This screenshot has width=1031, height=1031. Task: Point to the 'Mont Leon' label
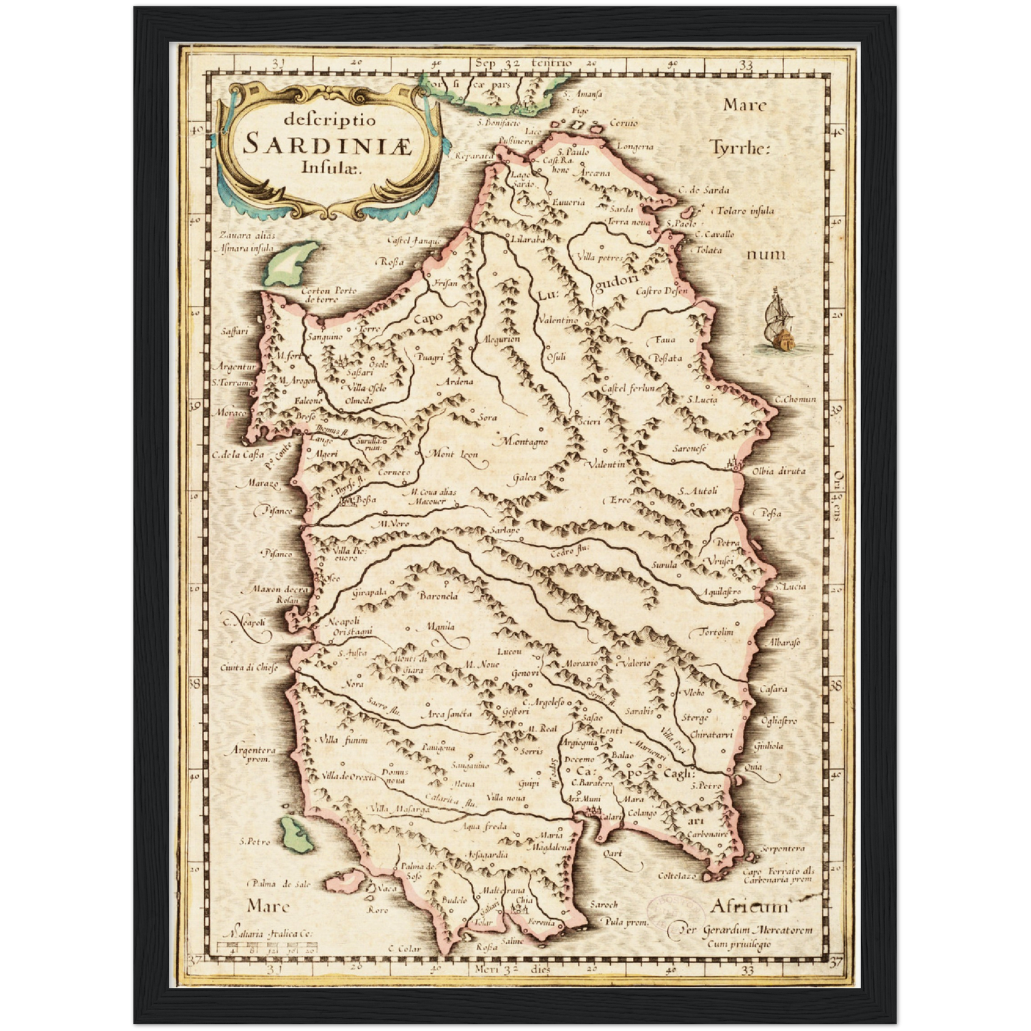[452, 454]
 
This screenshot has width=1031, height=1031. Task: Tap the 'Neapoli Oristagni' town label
[350, 626]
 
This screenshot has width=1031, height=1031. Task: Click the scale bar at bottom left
[270, 949]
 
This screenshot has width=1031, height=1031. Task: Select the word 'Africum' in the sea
[748, 907]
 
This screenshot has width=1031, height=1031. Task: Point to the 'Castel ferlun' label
[629, 388]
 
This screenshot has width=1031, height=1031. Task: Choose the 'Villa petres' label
[599, 258]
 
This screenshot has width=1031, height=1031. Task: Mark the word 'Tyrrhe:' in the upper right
[740, 148]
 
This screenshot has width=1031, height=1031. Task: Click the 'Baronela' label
[438, 596]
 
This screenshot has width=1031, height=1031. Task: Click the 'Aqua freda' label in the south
[484, 826]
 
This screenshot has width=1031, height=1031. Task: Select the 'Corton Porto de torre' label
[328, 295]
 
